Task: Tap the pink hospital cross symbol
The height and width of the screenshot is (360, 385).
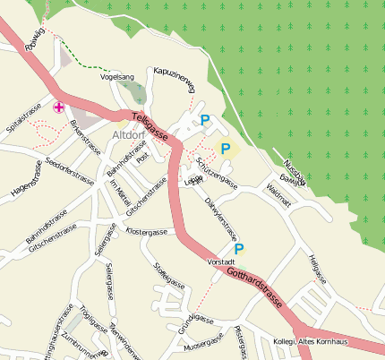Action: pos(60,107)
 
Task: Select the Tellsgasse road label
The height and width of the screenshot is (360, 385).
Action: pos(151,127)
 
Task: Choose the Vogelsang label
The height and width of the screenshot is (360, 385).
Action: pos(117,78)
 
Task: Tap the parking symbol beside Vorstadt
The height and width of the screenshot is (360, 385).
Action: pos(239,249)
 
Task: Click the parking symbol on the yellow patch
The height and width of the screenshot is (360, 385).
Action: pos(226,149)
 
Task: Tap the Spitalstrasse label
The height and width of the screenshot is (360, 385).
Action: pos(24,118)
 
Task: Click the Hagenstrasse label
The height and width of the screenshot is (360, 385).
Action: pos(27,179)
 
